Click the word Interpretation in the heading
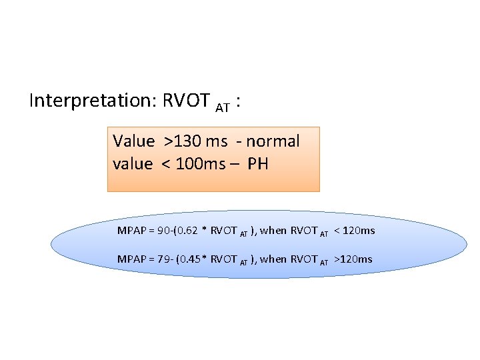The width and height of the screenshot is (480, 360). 91,101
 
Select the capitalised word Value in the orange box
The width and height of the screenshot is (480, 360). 134,141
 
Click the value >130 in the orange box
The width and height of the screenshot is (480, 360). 187,141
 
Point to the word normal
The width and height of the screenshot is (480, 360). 272,141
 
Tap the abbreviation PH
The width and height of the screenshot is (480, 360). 257,164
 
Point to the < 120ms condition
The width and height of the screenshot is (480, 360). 354,231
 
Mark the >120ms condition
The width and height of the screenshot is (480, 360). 353,259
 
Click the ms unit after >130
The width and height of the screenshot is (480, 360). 218,141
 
